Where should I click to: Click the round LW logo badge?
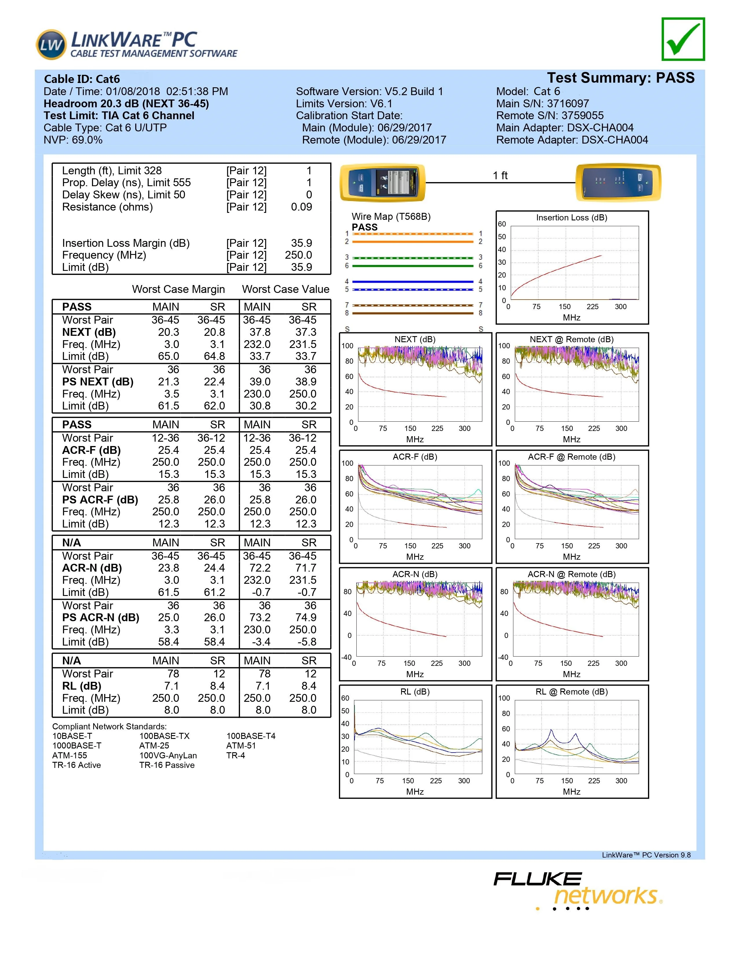[x=51, y=45]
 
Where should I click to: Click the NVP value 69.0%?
[x=87, y=140]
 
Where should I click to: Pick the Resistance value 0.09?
[x=301, y=207]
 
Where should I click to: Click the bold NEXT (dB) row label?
[x=89, y=332]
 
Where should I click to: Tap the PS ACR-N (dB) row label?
[x=100, y=617]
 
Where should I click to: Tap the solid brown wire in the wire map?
[x=413, y=313]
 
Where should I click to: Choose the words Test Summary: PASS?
[x=620, y=78]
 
